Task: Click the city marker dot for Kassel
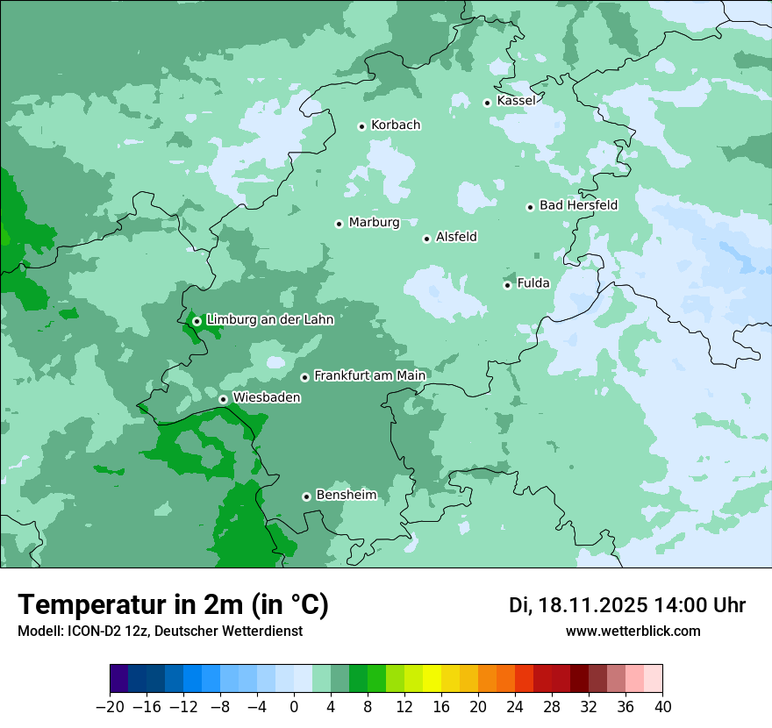(x=487, y=103)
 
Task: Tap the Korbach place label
(x=396, y=125)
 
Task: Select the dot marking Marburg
(x=339, y=224)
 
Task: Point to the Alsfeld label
(x=456, y=237)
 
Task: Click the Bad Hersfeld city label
(x=578, y=205)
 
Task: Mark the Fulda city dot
(x=507, y=285)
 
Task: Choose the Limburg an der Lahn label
(x=269, y=320)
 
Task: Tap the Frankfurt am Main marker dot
(x=304, y=377)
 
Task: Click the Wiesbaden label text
(x=267, y=397)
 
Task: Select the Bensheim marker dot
(x=306, y=496)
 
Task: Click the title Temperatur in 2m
(x=173, y=605)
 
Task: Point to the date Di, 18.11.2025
(x=577, y=605)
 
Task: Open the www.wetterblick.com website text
(x=633, y=632)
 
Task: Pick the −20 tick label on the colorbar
(x=110, y=707)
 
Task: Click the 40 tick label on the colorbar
(x=662, y=707)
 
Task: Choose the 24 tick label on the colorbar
(x=515, y=707)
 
